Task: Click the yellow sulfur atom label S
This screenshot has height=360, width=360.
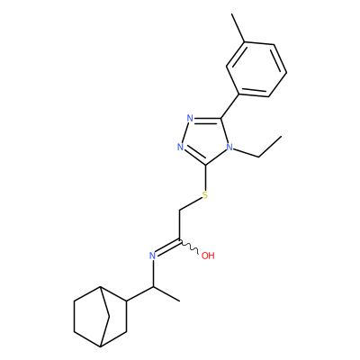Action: pos(205,195)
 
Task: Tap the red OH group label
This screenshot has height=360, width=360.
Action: pos(208,256)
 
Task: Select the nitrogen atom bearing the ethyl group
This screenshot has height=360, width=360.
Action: pos(229,147)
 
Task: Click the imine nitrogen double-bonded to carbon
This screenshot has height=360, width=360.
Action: pos(153,256)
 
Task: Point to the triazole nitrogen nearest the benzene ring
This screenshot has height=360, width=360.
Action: pos(190,118)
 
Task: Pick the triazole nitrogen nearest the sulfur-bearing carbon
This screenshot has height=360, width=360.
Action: pos(180,147)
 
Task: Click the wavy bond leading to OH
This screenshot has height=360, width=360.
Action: pos(189,247)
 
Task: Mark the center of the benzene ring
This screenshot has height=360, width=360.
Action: pos(256,69)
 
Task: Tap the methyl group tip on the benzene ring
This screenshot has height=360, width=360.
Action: pos(232,13)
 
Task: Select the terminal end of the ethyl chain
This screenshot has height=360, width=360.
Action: pos(282,137)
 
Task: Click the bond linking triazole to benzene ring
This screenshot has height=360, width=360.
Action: pos(229,106)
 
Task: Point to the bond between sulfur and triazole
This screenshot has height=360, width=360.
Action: pos(205,177)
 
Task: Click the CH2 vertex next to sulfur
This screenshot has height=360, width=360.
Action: pos(179,211)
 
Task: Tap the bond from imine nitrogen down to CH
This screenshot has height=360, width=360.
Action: pos(153,274)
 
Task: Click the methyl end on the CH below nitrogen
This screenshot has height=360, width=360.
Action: pos(179,301)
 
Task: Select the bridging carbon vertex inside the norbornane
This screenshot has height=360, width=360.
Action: pos(109,316)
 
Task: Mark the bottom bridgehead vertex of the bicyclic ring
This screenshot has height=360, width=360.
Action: pos(101,346)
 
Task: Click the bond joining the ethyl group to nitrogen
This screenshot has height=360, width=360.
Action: pos(246,152)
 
